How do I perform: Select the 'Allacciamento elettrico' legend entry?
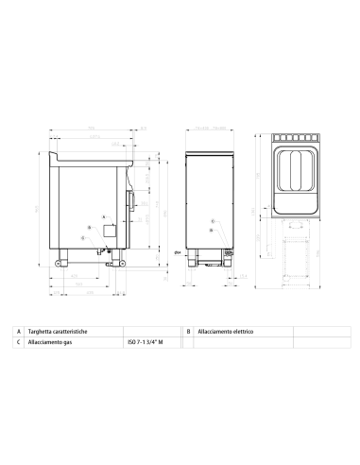coord(229,332)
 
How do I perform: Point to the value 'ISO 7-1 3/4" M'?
coord(146,343)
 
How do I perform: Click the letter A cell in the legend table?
coord(19,332)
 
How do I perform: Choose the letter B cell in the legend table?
coord(189,332)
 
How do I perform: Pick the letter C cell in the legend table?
coord(19,343)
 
